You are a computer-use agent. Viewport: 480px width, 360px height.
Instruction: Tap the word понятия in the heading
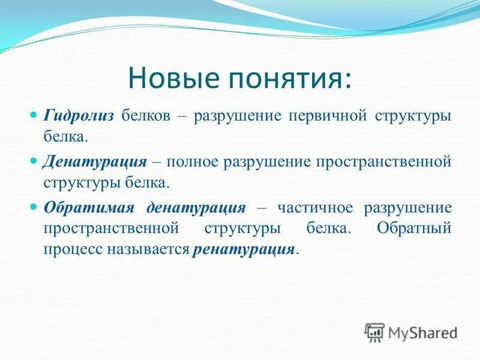pyautogui.click(x=289, y=79)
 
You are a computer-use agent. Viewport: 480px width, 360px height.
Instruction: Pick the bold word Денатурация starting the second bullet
pyautogui.click(x=94, y=161)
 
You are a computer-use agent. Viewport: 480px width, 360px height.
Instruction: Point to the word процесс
pyautogui.click(x=70, y=249)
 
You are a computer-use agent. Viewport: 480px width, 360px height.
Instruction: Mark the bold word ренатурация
pyautogui.click(x=244, y=249)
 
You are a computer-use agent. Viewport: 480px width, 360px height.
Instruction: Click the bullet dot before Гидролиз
pyautogui.click(x=34, y=114)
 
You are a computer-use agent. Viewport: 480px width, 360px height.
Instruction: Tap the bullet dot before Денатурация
pyautogui.click(x=34, y=160)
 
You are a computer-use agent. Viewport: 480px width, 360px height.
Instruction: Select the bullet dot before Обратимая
pyautogui.click(x=34, y=206)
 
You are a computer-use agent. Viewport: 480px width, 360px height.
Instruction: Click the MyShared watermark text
pyautogui.click(x=423, y=332)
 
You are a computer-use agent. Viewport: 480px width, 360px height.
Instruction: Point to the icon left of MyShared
pyautogui.click(x=374, y=332)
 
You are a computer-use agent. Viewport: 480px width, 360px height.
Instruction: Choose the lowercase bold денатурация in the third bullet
pyautogui.click(x=196, y=208)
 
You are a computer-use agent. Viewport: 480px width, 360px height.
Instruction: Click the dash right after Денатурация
pyautogui.click(x=157, y=162)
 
